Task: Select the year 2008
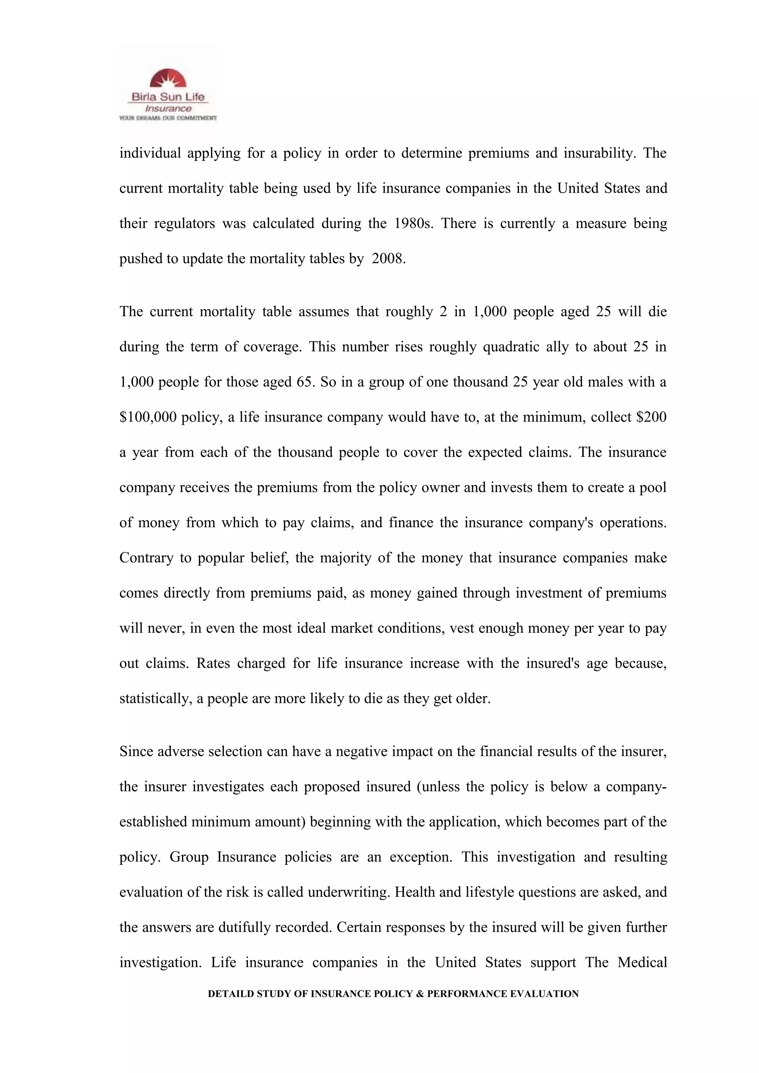point(387,258)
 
